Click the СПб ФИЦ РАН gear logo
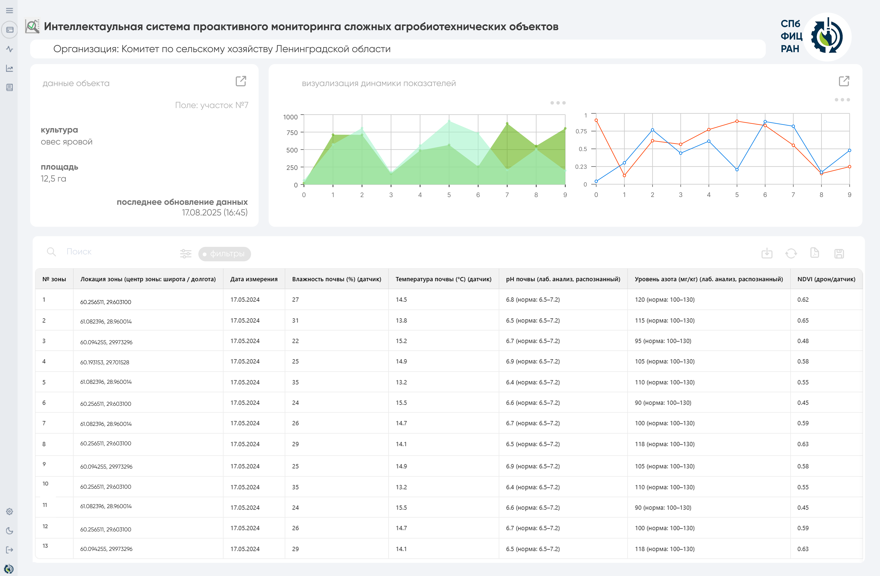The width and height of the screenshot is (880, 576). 827,37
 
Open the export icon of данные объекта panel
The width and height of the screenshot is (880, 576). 241,81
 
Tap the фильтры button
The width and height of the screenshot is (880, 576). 224,254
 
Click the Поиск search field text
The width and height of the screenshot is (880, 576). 79,252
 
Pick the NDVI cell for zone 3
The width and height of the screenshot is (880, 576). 803,341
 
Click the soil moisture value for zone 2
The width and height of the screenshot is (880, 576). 295,320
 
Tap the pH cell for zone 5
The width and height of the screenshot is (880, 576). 532,382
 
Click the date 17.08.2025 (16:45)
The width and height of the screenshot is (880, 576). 215,212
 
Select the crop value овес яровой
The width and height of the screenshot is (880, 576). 67,142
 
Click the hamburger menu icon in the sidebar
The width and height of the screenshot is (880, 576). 10,10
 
